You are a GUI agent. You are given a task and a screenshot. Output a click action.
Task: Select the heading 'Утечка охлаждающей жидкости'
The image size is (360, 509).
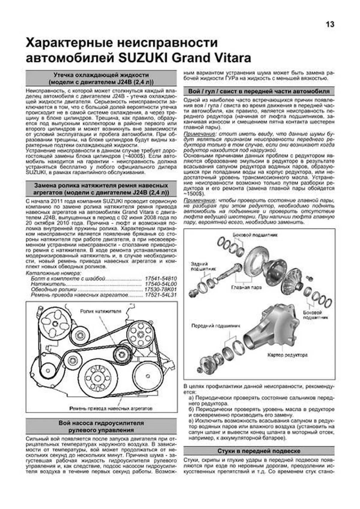[x=101, y=75]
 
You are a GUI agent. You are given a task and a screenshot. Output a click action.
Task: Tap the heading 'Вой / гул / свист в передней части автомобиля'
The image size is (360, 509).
[x=259, y=91]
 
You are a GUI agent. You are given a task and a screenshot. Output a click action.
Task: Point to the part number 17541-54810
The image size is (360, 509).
[x=160, y=279]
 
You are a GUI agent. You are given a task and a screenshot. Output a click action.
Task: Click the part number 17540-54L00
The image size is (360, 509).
[x=160, y=284]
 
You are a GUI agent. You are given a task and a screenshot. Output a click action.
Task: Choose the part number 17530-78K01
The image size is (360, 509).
[x=160, y=290]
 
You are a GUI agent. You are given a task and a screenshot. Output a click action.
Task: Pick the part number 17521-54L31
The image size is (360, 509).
[x=160, y=295]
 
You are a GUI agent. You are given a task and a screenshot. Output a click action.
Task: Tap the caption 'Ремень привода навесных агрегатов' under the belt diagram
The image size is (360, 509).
[x=111, y=408]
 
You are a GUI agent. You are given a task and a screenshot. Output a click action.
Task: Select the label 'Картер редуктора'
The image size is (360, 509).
[x=288, y=355]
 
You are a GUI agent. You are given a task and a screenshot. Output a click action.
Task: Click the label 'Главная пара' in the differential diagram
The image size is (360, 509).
[x=246, y=287]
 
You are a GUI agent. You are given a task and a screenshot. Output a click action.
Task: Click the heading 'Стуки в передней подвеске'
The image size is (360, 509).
[x=259, y=451]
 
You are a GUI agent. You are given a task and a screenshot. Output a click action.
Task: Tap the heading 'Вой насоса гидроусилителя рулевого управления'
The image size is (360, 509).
[x=101, y=427]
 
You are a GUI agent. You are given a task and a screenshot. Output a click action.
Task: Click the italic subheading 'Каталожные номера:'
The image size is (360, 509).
[x=53, y=273]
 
